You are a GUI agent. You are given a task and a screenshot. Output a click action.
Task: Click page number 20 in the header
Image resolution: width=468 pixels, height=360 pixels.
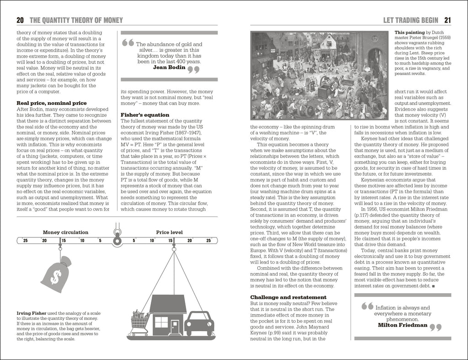(x=20, y=20)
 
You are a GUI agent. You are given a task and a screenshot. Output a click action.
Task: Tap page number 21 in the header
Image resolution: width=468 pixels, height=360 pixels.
(x=447, y=20)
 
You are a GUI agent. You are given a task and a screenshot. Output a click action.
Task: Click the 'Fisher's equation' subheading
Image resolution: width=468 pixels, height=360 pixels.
(x=145, y=114)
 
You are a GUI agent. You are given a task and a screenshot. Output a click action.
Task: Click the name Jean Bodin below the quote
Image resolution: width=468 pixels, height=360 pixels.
(x=169, y=67)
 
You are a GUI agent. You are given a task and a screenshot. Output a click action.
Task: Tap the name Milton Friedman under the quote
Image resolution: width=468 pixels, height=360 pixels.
(x=402, y=325)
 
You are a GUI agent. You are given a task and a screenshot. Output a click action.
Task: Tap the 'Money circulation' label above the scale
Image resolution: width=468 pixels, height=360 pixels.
(x=65, y=232)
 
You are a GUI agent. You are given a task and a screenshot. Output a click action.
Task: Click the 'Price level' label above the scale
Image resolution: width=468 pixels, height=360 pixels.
(x=169, y=232)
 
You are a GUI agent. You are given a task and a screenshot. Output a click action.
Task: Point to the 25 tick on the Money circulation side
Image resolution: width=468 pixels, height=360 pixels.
(x=25, y=241)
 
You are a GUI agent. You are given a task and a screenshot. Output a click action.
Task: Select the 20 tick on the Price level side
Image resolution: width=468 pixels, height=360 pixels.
(x=190, y=241)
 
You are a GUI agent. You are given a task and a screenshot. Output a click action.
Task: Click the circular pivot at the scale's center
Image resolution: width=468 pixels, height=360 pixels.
(x=117, y=240)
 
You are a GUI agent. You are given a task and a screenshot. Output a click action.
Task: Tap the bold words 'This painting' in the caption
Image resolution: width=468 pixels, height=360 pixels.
(x=408, y=33)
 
